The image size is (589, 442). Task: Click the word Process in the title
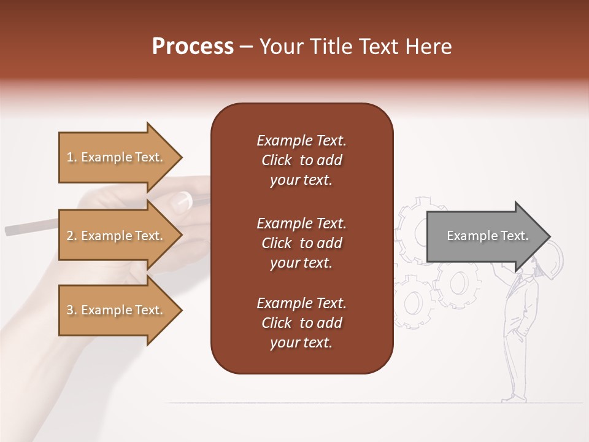click(193, 47)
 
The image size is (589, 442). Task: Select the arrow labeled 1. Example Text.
click(117, 157)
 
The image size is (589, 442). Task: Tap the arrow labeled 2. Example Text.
click(117, 236)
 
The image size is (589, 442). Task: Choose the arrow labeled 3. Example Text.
click(117, 310)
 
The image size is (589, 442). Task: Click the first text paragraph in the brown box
click(301, 160)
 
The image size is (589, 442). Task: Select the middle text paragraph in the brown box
click(301, 243)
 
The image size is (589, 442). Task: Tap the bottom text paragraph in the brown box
click(301, 323)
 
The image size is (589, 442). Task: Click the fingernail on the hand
click(184, 199)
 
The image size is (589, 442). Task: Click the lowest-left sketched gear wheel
click(410, 304)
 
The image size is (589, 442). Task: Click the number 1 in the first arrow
click(69, 157)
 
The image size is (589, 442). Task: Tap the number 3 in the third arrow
click(70, 310)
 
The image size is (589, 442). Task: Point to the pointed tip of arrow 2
click(182, 236)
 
